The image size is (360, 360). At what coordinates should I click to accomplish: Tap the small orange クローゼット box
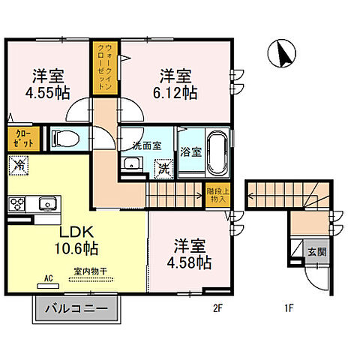pyautogui.click(x=19, y=137)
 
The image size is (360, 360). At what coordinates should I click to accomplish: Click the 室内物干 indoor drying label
pyautogui.click(x=89, y=273)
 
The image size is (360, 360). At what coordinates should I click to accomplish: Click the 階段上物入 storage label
pyautogui.click(x=214, y=195)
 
